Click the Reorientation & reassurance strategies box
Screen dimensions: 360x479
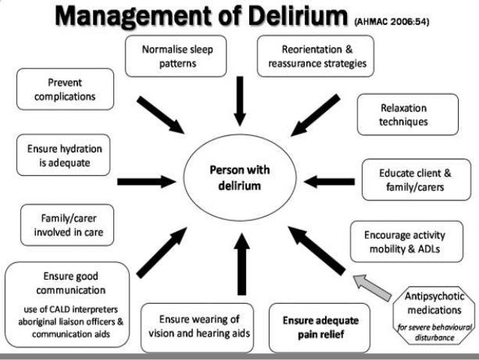pyautogui.click(x=317, y=56)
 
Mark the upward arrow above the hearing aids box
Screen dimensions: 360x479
pyautogui.click(x=240, y=267)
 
